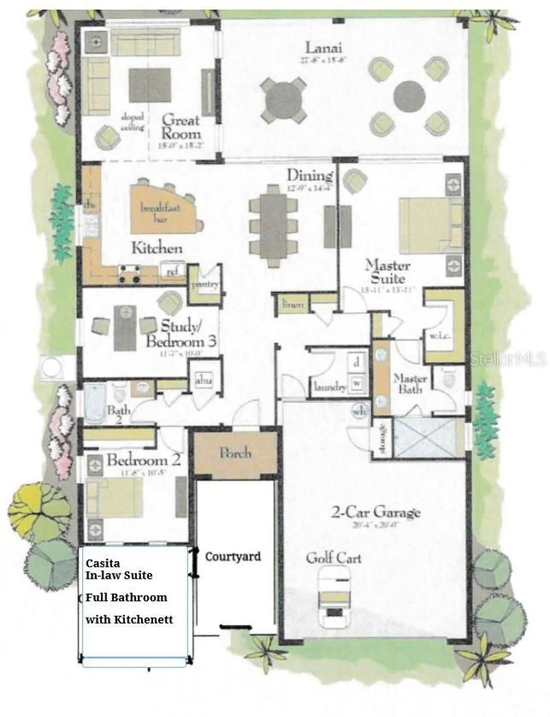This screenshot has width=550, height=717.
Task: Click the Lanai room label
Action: click(324, 48)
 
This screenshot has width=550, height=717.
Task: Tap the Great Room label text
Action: click(180, 127)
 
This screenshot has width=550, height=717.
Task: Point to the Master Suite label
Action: click(387, 272)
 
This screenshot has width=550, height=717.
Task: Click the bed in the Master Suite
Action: click(426, 226)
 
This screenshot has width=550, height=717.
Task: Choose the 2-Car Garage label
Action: click(376, 512)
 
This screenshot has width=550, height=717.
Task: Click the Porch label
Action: click(235, 453)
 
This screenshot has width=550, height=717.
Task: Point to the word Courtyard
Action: click(233, 556)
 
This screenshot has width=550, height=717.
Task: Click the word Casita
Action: click(103, 563)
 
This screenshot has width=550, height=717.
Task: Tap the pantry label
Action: click(205, 284)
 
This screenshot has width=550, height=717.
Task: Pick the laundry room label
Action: click(330, 386)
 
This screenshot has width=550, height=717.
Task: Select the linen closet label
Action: click(293, 304)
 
